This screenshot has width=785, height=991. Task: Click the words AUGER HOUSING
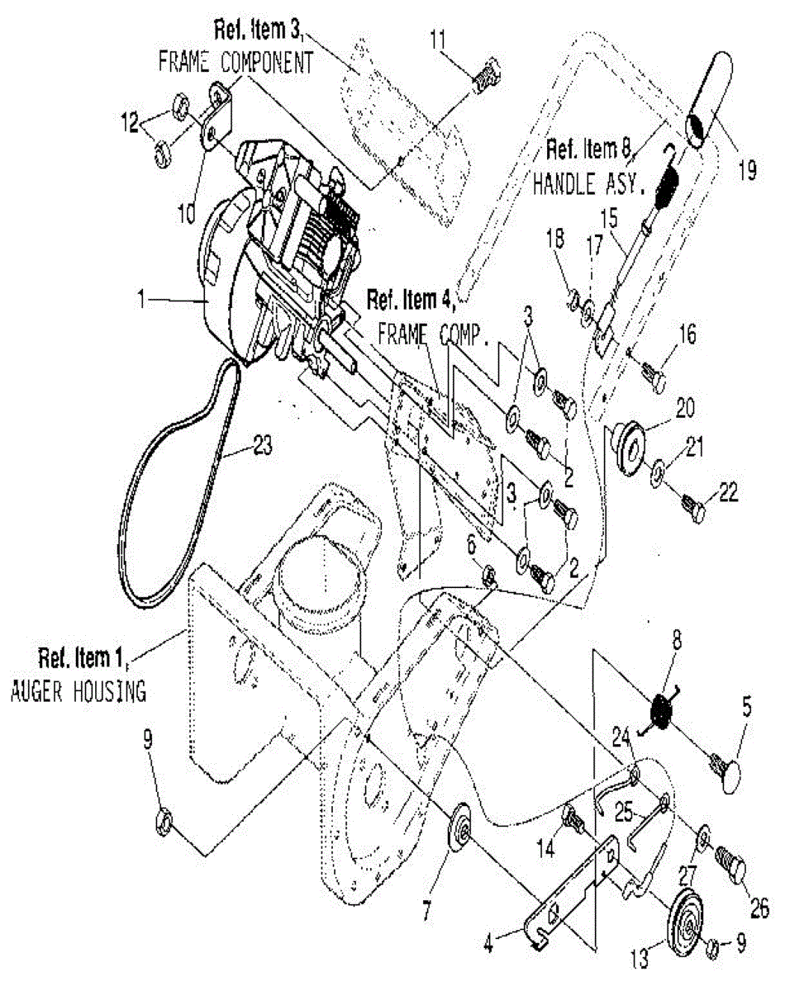(x=78, y=690)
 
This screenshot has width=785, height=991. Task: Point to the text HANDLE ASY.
(x=588, y=185)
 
